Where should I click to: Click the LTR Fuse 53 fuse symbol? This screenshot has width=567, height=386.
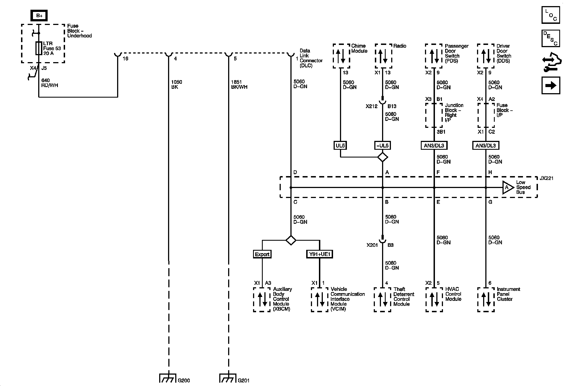click(x=39, y=48)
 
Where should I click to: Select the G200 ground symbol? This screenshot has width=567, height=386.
click(x=168, y=378)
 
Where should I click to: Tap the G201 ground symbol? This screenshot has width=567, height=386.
click(x=228, y=378)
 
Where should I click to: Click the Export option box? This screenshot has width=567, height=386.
click(x=262, y=254)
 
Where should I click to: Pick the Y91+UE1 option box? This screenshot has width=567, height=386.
click(x=319, y=254)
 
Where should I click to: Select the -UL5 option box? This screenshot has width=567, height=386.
click(x=382, y=146)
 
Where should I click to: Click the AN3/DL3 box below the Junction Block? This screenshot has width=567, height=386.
click(x=434, y=146)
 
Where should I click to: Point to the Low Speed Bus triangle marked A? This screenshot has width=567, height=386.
click(x=507, y=187)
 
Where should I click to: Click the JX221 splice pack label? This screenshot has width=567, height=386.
click(x=546, y=178)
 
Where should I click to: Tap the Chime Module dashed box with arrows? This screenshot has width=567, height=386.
click(x=341, y=56)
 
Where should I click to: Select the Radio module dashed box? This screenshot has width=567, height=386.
click(x=383, y=56)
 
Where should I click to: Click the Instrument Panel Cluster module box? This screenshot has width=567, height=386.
click(x=486, y=299)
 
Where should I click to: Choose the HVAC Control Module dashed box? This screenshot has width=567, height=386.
click(x=434, y=299)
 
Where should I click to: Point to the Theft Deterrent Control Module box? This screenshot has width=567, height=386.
click(x=382, y=299)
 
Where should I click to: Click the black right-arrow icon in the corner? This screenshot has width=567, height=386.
click(x=551, y=85)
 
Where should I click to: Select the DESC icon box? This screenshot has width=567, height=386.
click(x=551, y=38)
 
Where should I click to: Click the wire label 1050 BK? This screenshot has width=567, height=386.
click(x=176, y=85)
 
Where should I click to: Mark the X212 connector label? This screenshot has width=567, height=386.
click(x=372, y=106)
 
